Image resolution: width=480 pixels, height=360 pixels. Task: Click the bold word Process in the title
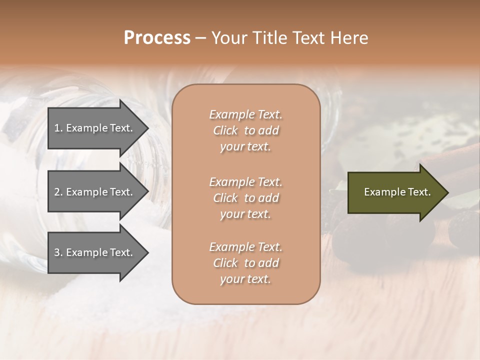coord(157,38)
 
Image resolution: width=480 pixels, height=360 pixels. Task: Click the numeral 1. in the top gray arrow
coord(58,128)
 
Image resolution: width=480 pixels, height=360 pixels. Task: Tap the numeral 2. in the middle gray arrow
coord(58,192)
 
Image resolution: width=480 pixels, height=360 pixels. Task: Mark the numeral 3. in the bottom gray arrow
coord(58,252)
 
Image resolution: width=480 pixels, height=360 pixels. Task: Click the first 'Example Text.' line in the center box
coord(245,114)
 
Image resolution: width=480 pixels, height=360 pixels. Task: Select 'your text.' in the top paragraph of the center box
coord(245,147)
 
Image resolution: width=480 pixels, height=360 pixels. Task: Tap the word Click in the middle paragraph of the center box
coord(225,198)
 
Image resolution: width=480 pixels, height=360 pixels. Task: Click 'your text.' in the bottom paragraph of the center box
coord(245,279)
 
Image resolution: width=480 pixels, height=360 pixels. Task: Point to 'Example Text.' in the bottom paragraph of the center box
coord(245,247)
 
